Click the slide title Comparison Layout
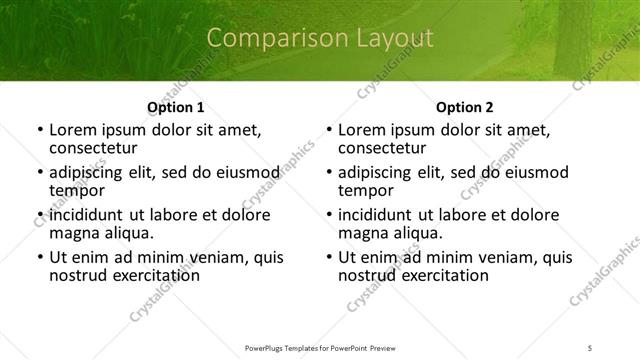click(319, 39)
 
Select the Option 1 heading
click(175, 107)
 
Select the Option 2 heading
click(464, 107)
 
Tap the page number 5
click(590, 347)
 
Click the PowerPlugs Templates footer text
click(319, 347)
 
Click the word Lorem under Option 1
click(73, 130)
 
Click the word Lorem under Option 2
click(362, 130)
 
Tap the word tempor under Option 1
click(77, 190)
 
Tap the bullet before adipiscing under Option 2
click(328, 173)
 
